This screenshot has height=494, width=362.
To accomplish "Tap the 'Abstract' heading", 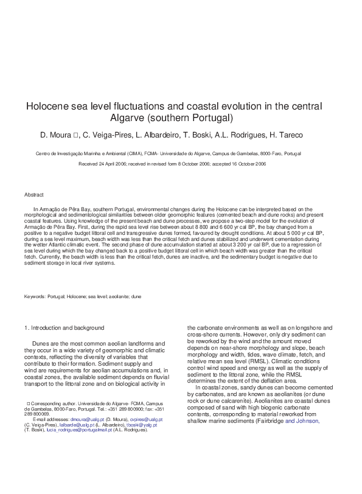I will [34, 195].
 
